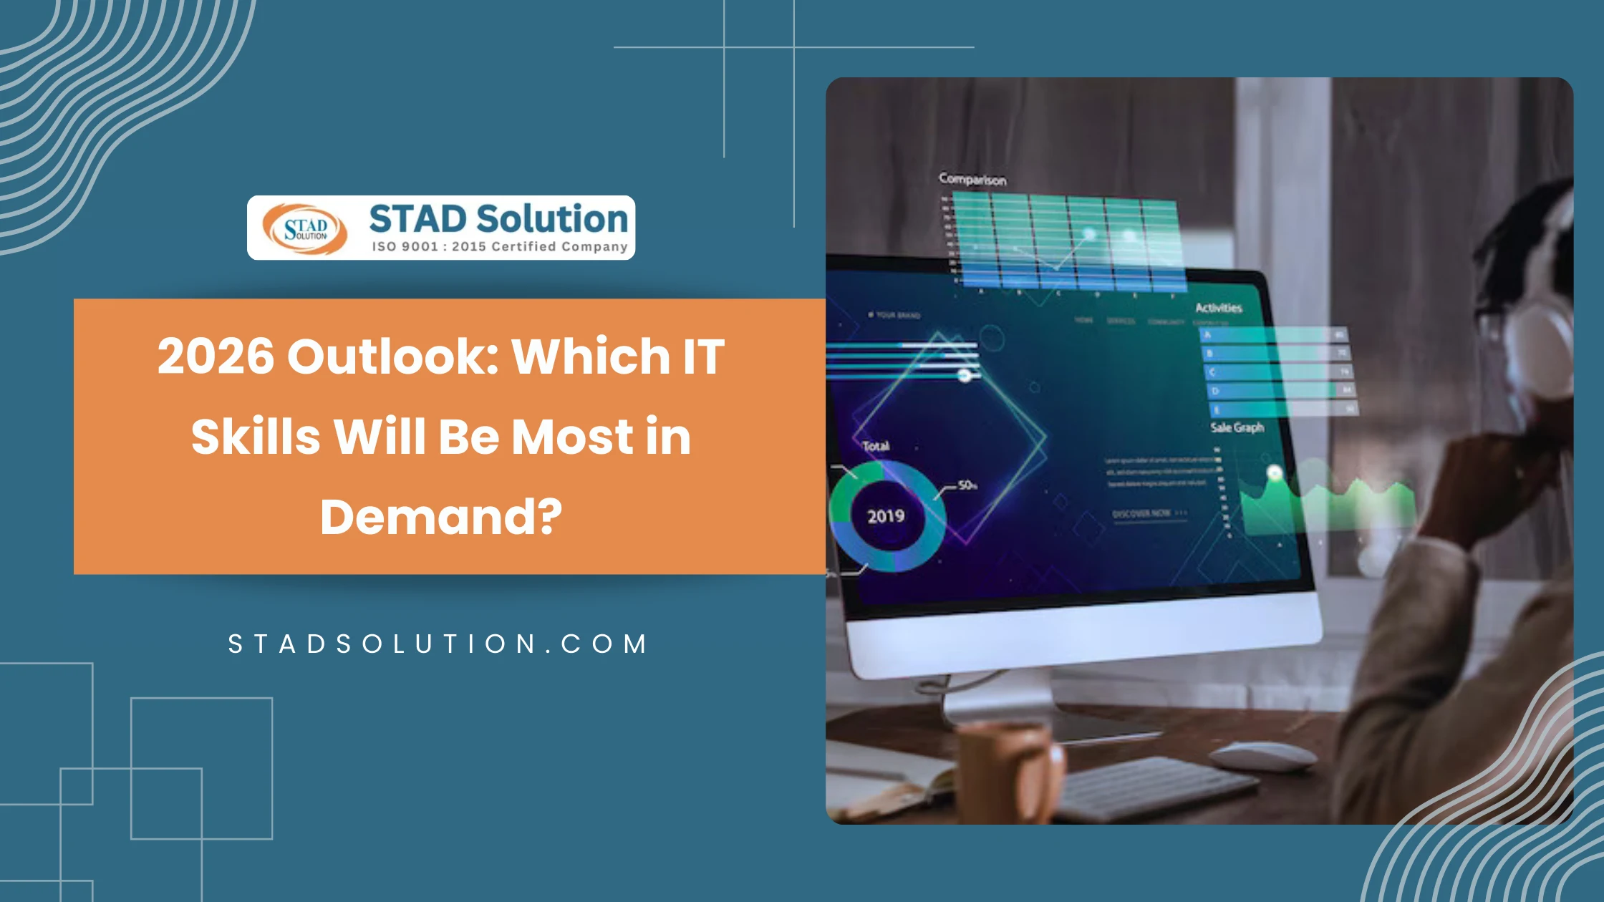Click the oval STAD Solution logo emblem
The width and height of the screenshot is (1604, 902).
305,229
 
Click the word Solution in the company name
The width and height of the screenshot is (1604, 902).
552,219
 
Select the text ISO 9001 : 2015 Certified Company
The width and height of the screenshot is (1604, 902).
499,247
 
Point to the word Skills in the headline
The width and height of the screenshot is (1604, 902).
256,437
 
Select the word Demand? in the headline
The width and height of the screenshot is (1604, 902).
441,517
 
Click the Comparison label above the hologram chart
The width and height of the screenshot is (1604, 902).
972,179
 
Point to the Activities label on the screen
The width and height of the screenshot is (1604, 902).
1218,308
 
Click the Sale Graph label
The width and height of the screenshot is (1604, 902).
1237,427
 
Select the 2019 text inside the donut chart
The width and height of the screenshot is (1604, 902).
886,516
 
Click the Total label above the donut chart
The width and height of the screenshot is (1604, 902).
876,446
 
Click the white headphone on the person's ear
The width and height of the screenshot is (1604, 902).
1540,344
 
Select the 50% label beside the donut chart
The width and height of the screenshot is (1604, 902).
967,485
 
